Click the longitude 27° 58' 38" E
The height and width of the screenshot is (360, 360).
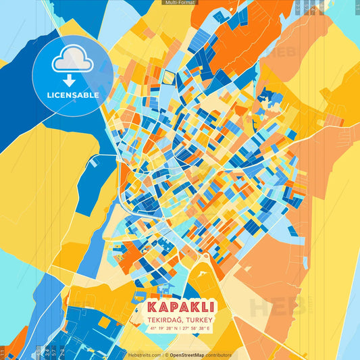coord(196,328)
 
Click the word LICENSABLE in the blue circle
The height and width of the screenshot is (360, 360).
coord(73,95)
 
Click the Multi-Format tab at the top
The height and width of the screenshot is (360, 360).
coord(180,3)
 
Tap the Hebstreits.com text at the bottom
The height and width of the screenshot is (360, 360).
coord(145,355)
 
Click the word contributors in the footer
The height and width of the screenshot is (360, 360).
coord(219,355)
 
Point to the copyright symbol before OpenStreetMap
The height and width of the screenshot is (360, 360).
coord(166,355)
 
